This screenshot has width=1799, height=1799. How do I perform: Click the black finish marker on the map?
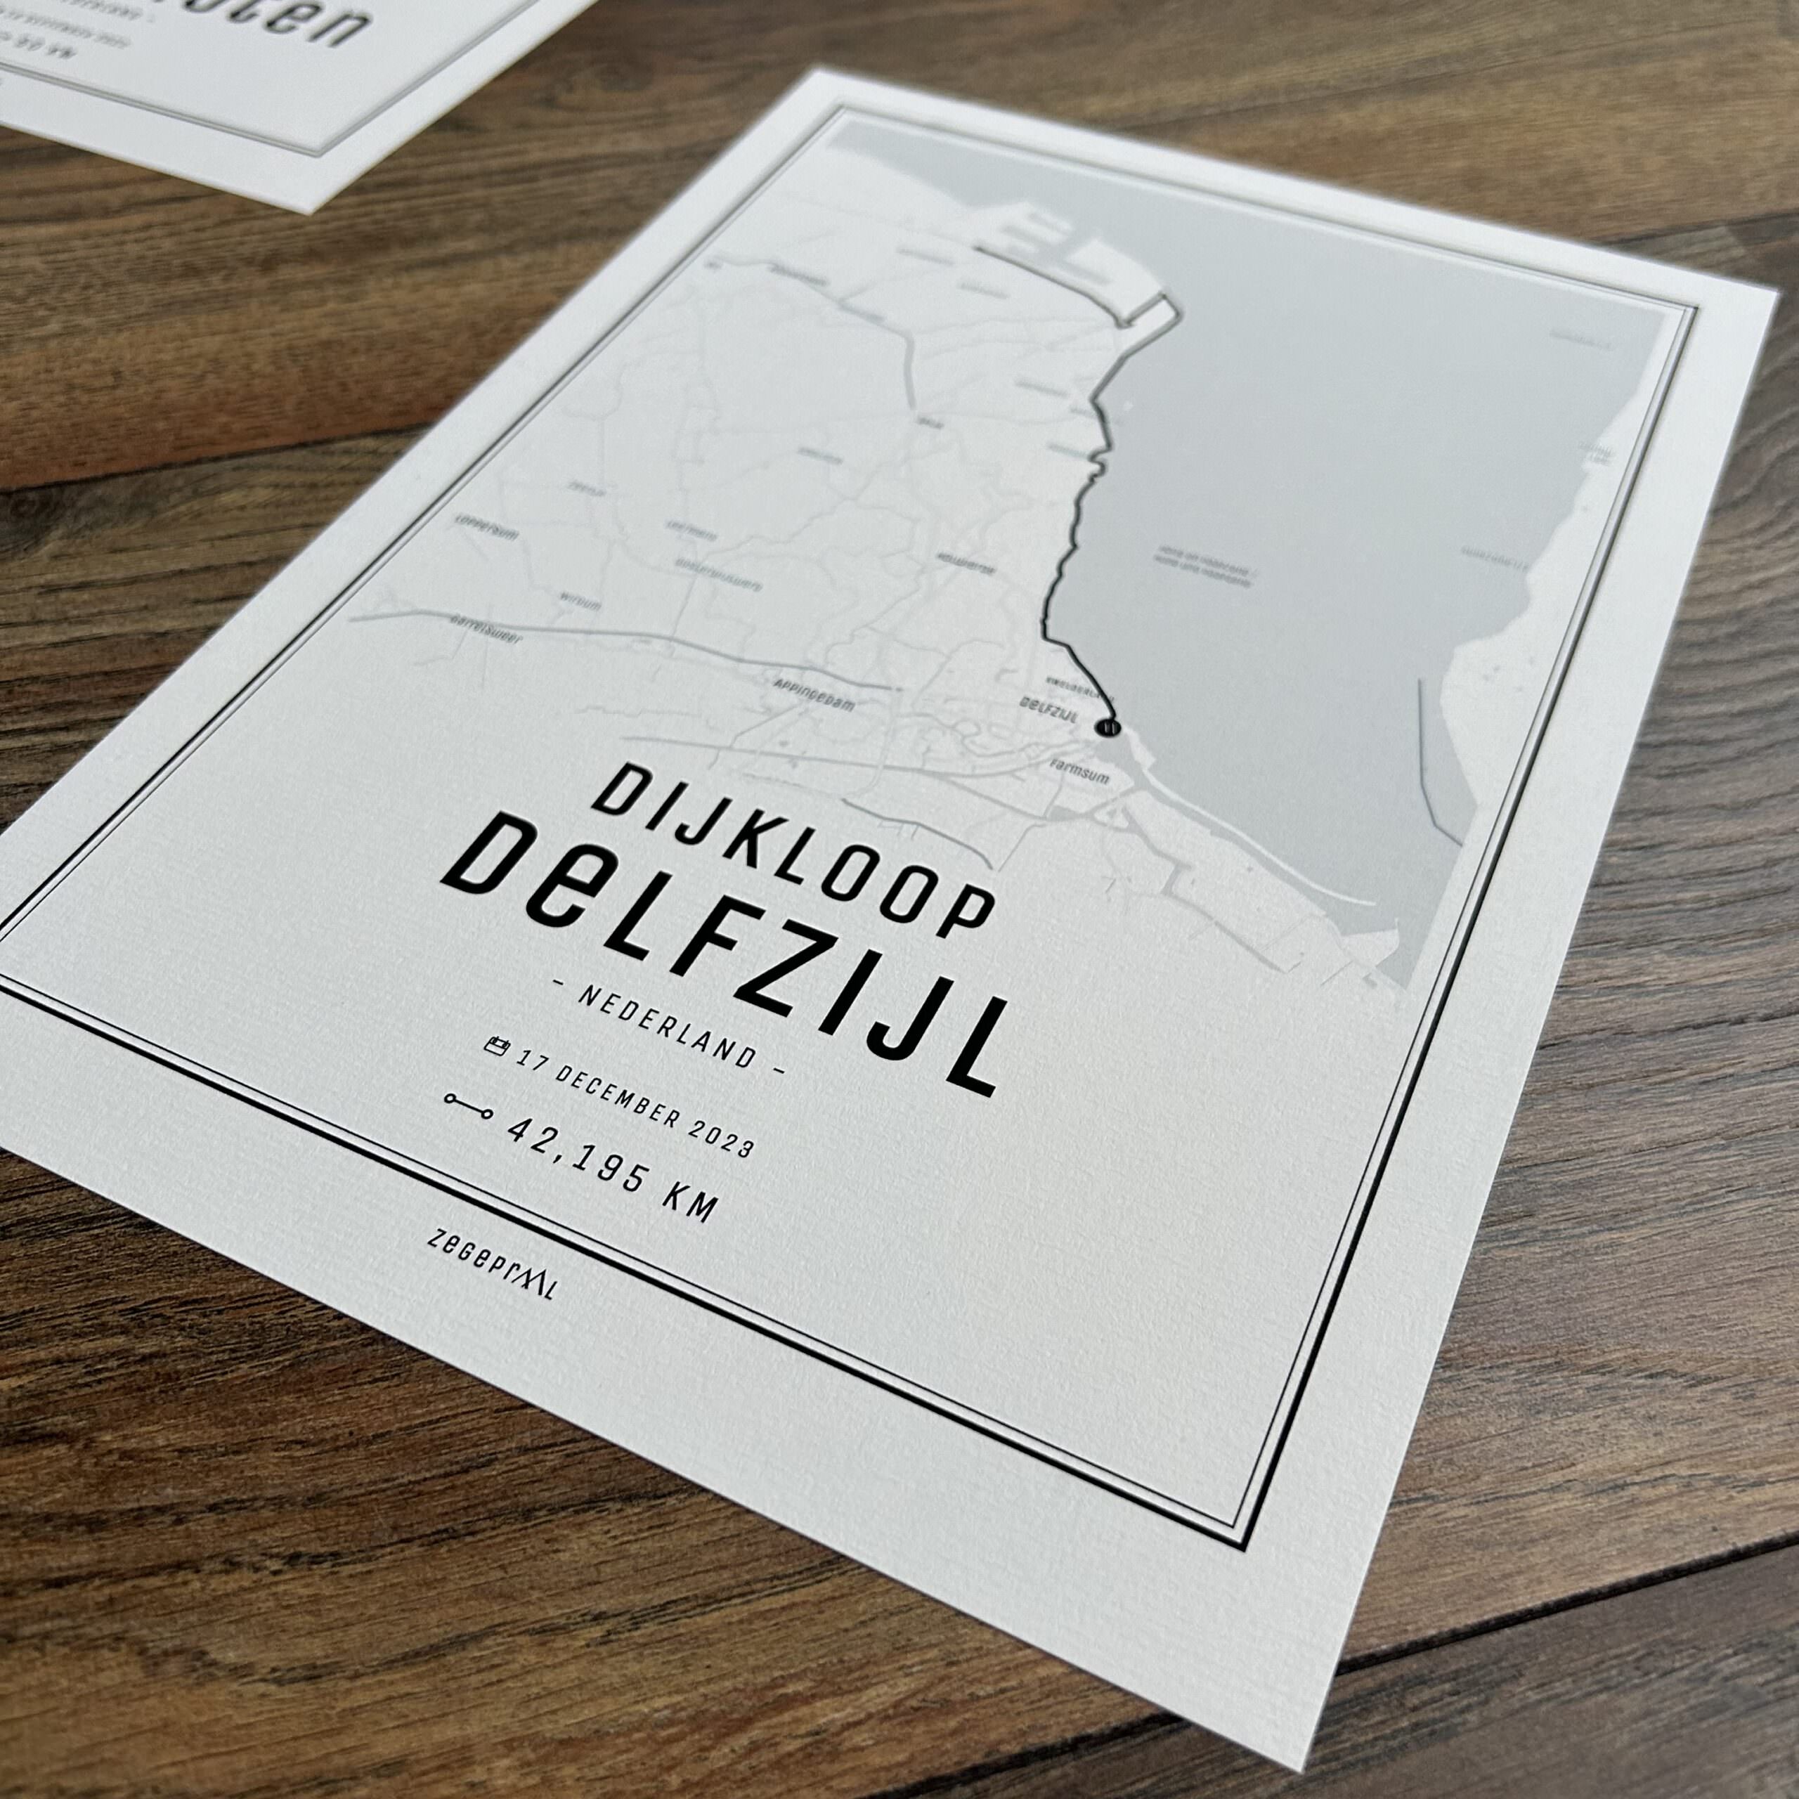(1108, 727)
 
